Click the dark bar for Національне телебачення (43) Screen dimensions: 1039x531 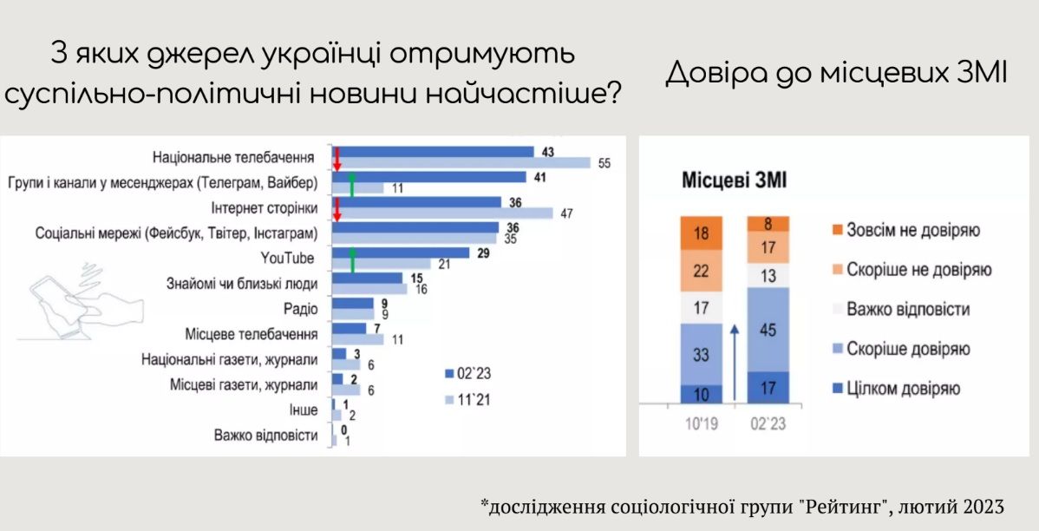(433, 152)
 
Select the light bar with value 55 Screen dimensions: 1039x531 (461, 163)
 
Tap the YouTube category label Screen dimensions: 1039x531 (287, 258)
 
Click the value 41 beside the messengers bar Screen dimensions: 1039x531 (540, 178)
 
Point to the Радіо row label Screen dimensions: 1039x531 (300, 309)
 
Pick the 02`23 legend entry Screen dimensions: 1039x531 (467, 374)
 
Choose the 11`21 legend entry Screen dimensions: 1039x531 (467, 400)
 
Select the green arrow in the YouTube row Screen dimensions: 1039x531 (352, 259)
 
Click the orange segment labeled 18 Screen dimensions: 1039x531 (701, 233)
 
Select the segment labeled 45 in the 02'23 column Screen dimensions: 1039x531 (768, 329)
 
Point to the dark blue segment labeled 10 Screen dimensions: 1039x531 (701, 394)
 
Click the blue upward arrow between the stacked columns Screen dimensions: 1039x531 (735, 362)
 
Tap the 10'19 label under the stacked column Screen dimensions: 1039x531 (701, 423)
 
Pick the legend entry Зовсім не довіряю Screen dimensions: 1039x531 (905, 231)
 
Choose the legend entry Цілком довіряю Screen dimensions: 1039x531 (896, 389)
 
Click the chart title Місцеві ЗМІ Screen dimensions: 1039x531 (735, 180)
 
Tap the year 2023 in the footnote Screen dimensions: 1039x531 (983, 507)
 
